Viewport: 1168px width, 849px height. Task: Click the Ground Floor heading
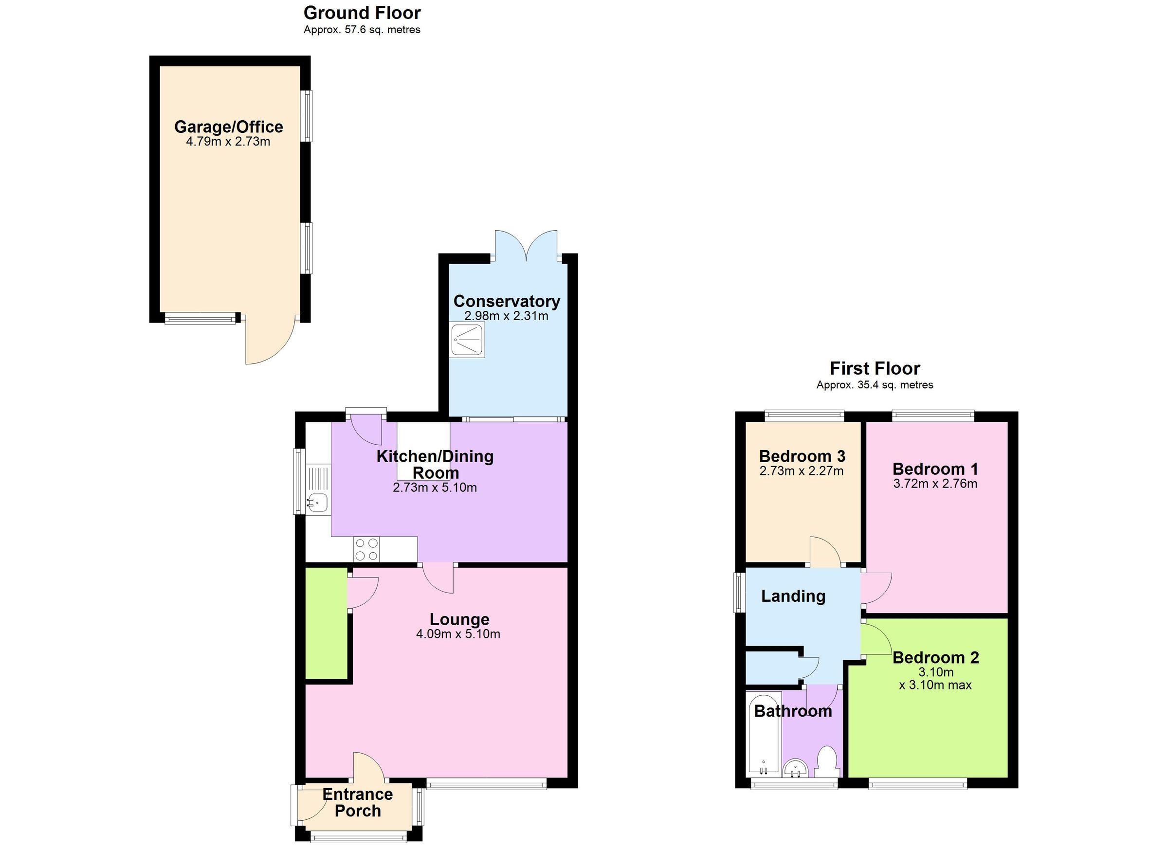click(x=362, y=13)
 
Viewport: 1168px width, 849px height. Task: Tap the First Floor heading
click(x=875, y=369)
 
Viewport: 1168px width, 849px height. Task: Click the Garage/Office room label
click(x=228, y=126)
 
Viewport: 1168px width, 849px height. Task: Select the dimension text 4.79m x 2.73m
click(x=228, y=142)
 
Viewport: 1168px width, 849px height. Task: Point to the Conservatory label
click(x=506, y=301)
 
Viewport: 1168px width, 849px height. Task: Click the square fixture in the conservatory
click(x=468, y=340)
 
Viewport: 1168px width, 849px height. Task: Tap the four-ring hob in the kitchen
click(x=366, y=549)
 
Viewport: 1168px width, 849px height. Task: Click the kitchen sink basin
click(x=318, y=502)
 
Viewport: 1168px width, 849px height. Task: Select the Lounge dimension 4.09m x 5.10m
click(x=458, y=634)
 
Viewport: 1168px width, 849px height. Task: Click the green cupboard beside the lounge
click(x=326, y=623)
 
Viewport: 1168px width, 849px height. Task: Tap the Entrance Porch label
click(x=357, y=802)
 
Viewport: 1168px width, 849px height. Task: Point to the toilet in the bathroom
click(x=827, y=762)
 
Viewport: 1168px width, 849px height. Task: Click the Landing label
click(x=793, y=596)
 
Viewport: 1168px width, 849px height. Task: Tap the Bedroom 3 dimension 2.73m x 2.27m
click(x=802, y=471)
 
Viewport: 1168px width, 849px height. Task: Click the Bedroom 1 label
click(x=935, y=469)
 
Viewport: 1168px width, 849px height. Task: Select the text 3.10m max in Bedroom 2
click(x=935, y=685)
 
